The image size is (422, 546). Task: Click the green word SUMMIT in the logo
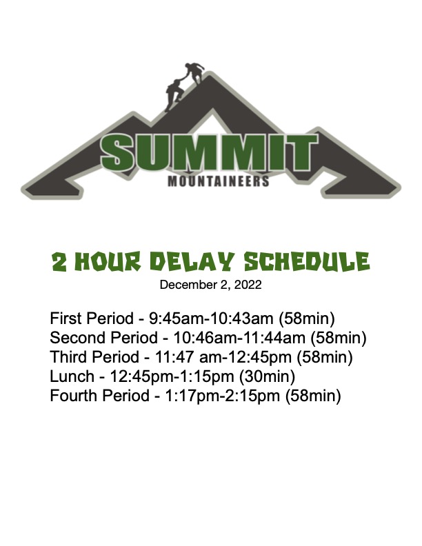click(209, 152)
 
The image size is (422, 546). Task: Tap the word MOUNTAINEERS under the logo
click(219, 181)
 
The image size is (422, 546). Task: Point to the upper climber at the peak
click(193, 72)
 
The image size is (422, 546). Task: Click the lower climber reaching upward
click(174, 94)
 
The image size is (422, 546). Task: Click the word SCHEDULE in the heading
click(306, 261)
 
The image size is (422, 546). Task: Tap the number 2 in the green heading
click(59, 262)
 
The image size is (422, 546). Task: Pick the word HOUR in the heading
click(108, 261)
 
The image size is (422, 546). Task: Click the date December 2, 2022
click(210, 285)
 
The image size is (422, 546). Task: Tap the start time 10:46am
click(204, 338)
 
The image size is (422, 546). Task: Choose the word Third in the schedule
click(68, 357)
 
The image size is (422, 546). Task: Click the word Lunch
click(72, 376)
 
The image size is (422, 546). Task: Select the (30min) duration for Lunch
click(268, 376)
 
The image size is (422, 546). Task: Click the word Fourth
click(74, 396)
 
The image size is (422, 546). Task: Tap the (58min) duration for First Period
click(307, 318)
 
